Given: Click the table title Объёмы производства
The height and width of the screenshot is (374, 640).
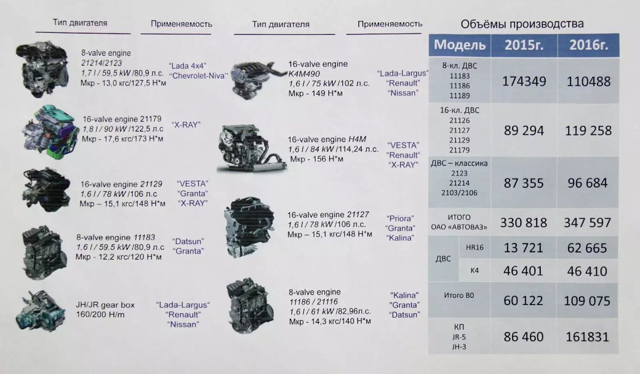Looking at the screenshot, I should point(522,24).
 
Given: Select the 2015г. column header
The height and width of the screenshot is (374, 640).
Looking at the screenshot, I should point(524,45).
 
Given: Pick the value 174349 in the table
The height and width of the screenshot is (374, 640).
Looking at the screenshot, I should point(524,82).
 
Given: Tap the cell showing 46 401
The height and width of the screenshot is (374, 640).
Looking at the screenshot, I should point(524,271).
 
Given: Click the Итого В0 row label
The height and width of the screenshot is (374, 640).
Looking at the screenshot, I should point(459,295).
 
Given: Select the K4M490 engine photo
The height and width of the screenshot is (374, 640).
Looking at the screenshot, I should point(253,79).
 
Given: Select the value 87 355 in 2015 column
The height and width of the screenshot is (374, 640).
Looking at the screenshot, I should point(524,183).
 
